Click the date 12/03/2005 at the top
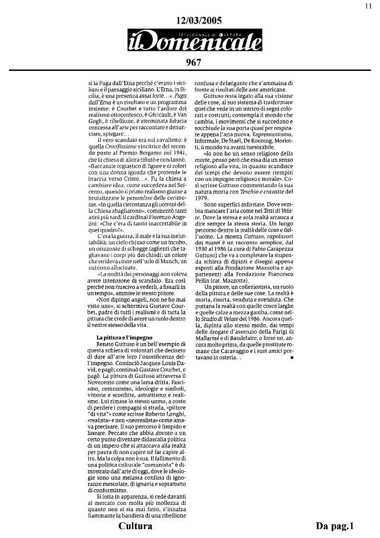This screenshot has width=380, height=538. (199, 20)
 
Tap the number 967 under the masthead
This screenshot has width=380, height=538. (194, 63)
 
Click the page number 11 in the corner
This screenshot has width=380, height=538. (368, 6)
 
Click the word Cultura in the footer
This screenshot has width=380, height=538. (135, 526)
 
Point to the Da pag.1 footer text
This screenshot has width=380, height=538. (335, 526)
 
